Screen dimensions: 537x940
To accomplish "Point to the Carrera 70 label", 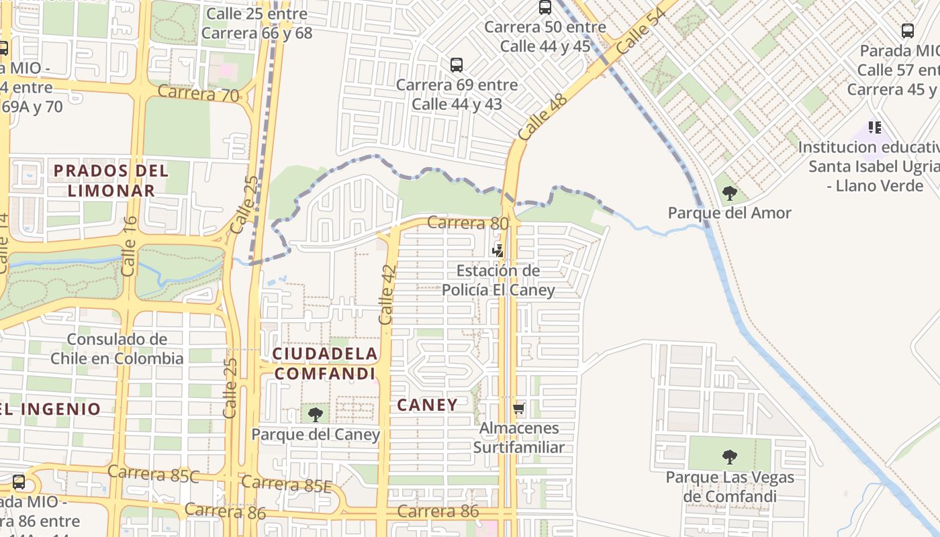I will pyautogui.click(x=198, y=93).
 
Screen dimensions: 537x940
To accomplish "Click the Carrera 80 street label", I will pyautogui.click(x=468, y=223).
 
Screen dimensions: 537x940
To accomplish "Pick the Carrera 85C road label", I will pyautogui.click(x=153, y=474).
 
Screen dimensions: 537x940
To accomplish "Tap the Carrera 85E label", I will pyautogui.click(x=286, y=483).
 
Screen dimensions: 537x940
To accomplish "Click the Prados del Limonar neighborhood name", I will pyautogui.click(x=111, y=180).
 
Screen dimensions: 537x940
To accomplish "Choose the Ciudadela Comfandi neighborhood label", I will pyautogui.click(x=325, y=363).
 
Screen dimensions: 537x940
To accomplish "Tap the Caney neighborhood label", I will pyautogui.click(x=427, y=405).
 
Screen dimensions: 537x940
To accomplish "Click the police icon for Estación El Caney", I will pyautogui.click(x=498, y=251).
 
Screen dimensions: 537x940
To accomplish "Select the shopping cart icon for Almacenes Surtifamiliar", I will pyautogui.click(x=518, y=408).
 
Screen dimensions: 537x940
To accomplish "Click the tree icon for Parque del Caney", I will pyautogui.click(x=316, y=415).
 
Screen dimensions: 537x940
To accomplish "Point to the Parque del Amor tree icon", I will pyautogui.click(x=729, y=193).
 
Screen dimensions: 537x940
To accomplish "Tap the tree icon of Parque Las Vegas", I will pyautogui.click(x=729, y=458).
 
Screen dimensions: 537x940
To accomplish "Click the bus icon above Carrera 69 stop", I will pyautogui.click(x=457, y=65).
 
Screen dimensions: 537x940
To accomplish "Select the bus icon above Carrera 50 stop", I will pyautogui.click(x=545, y=7).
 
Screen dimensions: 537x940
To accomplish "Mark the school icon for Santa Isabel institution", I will pyautogui.click(x=874, y=127).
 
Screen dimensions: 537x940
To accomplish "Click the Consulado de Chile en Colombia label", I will pyautogui.click(x=117, y=348).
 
